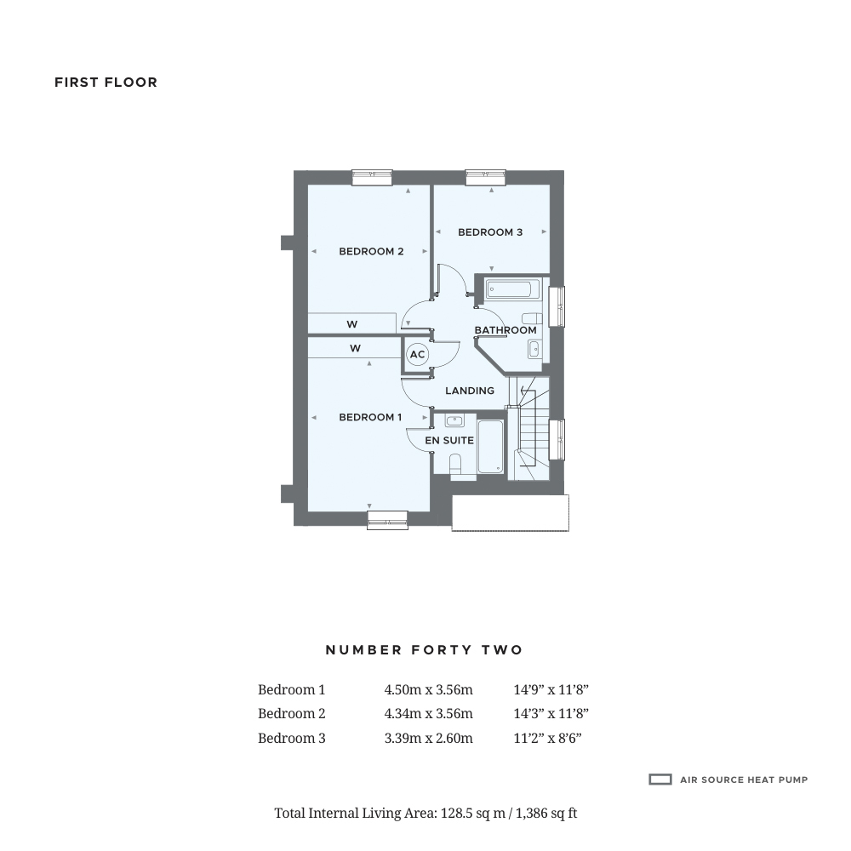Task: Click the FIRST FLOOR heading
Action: tap(106, 83)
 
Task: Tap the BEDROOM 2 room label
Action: tap(371, 251)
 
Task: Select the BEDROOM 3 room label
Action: tap(490, 232)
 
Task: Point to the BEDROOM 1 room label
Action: tap(370, 417)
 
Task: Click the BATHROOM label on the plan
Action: tap(505, 330)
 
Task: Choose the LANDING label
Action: tap(470, 391)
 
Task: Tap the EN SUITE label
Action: tap(449, 441)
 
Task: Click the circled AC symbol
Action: tap(417, 355)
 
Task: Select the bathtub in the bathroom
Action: tap(512, 290)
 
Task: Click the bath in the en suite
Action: tap(490, 447)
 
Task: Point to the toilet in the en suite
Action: tap(454, 464)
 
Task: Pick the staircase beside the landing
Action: tap(528, 430)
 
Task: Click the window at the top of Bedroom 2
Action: tap(372, 177)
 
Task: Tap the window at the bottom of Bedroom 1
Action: tap(387, 519)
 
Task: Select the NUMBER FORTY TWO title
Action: tap(424, 650)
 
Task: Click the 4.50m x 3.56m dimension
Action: tap(428, 690)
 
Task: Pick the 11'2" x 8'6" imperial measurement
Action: tap(547, 739)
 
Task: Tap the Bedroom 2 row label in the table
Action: tap(292, 714)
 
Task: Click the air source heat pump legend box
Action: tap(660, 780)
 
